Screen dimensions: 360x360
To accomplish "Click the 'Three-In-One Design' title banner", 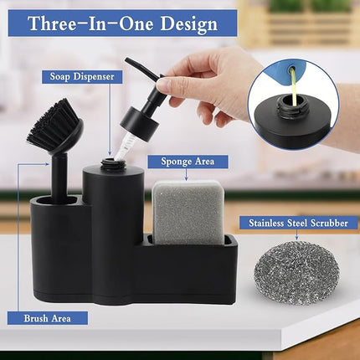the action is pyautogui.click(x=122, y=23).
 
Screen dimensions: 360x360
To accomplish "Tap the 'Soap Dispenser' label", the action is pyautogui.click(x=82, y=77).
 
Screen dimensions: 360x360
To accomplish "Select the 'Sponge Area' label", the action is pyautogui.click(x=188, y=162).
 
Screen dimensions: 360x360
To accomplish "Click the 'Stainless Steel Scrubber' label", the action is pyautogui.click(x=298, y=224).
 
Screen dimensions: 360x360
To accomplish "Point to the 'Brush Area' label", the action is pyautogui.click(x=48, y=318).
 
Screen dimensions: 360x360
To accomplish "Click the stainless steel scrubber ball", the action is pyautogui.click(x=297, y=273).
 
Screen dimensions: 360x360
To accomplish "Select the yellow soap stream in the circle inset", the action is pyautogui.click(x=293, y=86).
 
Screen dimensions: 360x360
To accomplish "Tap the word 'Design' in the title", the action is pyautogui.click(x=188, y=23).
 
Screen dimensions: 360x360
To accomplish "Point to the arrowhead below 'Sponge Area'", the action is pyautogui.click(x=186, y=178).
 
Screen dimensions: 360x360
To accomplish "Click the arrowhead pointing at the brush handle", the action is pyautogui.click(x=48, y=164).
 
